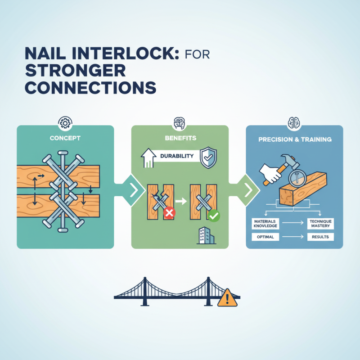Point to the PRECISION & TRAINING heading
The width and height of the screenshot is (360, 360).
point(295,139)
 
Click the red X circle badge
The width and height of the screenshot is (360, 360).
point(170,213)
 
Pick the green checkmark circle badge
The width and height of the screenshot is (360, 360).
point(214,216)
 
